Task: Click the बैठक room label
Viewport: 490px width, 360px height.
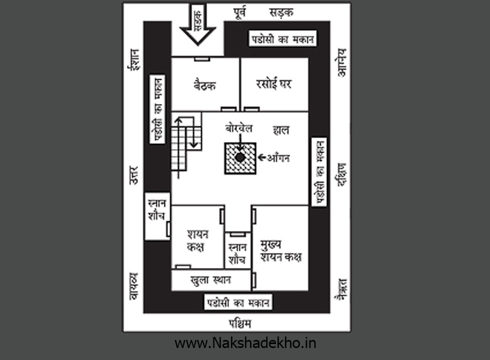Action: [204, 85]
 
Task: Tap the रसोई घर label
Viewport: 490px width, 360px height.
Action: [274, 84]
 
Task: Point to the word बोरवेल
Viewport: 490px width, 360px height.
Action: [239, 128]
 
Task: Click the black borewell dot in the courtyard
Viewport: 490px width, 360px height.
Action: [239, 157]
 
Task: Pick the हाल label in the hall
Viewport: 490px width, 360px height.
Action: [281, 129]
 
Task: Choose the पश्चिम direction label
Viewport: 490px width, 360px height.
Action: [239, 323]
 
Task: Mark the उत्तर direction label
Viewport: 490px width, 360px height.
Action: [134, 175]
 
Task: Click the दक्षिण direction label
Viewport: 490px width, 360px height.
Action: [342, 174]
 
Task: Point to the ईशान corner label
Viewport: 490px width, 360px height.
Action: [134, 59]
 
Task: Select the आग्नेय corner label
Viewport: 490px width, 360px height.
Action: [342, 62]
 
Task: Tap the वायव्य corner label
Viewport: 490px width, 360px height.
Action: [134, 286]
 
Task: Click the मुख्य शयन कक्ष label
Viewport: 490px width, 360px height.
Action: [280, 250]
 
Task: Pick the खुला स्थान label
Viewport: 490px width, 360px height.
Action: [210, 279]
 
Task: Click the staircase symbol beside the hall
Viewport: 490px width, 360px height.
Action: [186, 144]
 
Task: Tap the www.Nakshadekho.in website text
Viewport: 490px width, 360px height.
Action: [245, 343]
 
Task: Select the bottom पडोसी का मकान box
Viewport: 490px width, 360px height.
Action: [238, 302]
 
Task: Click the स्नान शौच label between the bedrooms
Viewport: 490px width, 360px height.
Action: [237, 254]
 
